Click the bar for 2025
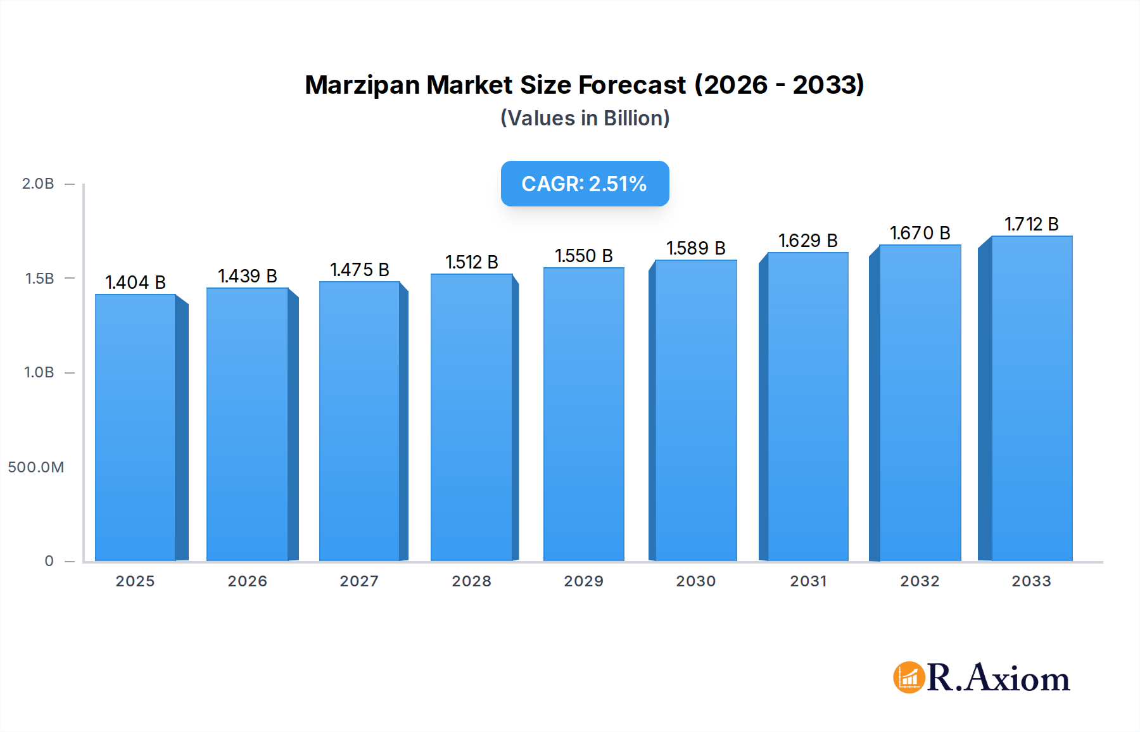pyautogui.click(x=136, y=427)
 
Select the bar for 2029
pyautogui.click(x=583, y=415)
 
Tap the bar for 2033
pyautogui.click(x=1032, y=399)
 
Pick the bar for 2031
pyautogui.click(x=807, y=407)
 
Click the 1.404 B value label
pyautogui.click(x=136, y=282)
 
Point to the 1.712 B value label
pyautogui.click(x=1032, y=224)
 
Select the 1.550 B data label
pyautogui.click(x=583, y=256)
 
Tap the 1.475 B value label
pyautogui.click(x=359, y=270)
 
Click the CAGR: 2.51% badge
pyautogui.click(x=585, y=184)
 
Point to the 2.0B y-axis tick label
pyautogui.click(x=38, y=184)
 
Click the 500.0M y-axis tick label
pyautogui.click(x=35, y=467)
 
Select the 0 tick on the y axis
pyautogui.click(x=49, y=561)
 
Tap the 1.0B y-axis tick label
pyautogui.click(x=39, y=372)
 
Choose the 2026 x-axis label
pyautogui.click(x=247, y=581)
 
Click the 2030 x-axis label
pyautogui.click(x=695, y=581)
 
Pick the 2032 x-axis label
pyautogui.click(x=920, y=581)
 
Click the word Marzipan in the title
pyautogui.click(x=363, y=85)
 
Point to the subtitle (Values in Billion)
pyautogui.click(x=585, y=118)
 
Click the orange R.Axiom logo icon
pyautogui.click(x=909, y=678)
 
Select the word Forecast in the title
pyautogui.click(x=631, y=85)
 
